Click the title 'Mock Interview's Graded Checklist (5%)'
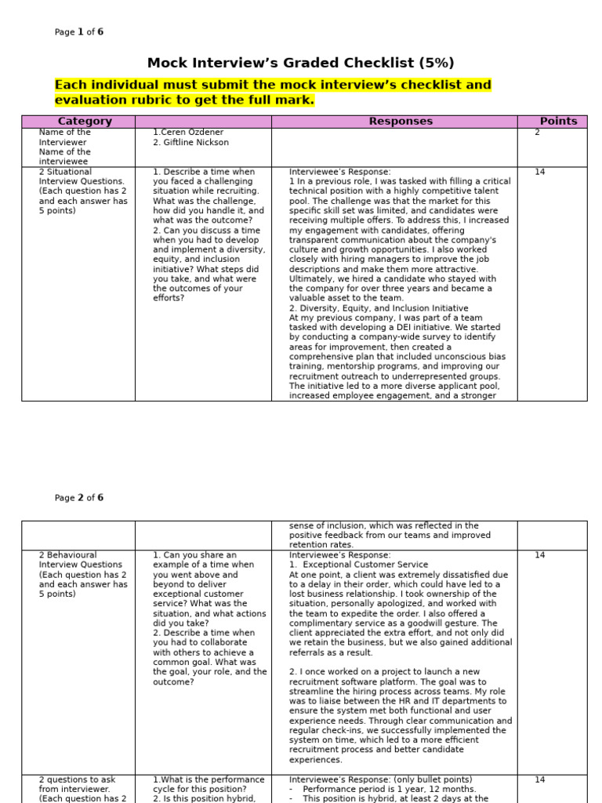(x=300, y=64)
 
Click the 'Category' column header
(x=85, y=122)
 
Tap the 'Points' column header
(x=558, y=122)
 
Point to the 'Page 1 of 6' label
(x=78, y=32)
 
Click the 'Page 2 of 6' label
(x=78, y=498)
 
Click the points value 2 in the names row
(x=537, y=133)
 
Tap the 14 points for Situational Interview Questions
(x=539, y=172)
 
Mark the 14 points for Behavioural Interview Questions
(x=539, y=555)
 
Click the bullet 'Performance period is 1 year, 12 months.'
(x=389, y=789)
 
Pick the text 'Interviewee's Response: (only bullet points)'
(x=380, y=779)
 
